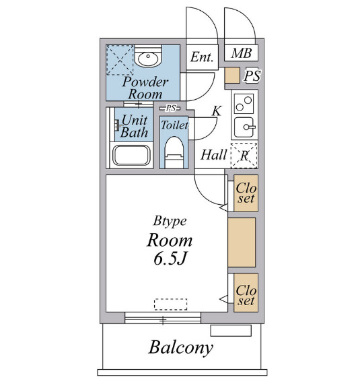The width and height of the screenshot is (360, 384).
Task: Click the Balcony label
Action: click(x=181, y=348)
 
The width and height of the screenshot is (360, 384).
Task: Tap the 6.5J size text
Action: click(x=170, y=259)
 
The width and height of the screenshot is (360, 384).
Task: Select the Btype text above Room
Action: click(x=170, y=222)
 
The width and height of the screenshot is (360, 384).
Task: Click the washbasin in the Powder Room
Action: click(x=148, y=57)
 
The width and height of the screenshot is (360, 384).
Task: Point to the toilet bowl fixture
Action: click(x=174, y=152)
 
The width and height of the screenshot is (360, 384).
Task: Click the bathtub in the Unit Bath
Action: click(x=131, y=156)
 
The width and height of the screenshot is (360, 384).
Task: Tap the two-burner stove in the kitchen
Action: click(x=244, y=103)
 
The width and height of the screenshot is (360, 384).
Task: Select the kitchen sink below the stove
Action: click(x=244, y=127)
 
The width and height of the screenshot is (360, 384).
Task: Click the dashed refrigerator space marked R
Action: click(x=244, y=156)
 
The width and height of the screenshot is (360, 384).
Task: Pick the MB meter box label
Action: click(x=242, y=53)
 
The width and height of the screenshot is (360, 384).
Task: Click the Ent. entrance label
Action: click(x=202, y=57)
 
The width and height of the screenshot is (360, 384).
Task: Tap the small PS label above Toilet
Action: click(x=170, y=108)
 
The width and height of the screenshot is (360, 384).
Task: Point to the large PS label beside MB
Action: click(x=252, y=76)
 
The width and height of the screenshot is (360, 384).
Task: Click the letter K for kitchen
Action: click(x=217, y=110)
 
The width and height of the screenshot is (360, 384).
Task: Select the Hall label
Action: click(x=214, y=155)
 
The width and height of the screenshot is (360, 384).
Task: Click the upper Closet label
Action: click(x=246, y=193)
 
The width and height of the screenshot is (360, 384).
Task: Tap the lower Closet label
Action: click(x=246, y=295)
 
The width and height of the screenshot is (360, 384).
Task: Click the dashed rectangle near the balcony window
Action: click(x=171, y=305)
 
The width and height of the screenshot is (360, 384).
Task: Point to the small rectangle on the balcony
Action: click(x=231, y=331)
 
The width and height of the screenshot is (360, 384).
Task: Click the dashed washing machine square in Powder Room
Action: click(x=120, y=60)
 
